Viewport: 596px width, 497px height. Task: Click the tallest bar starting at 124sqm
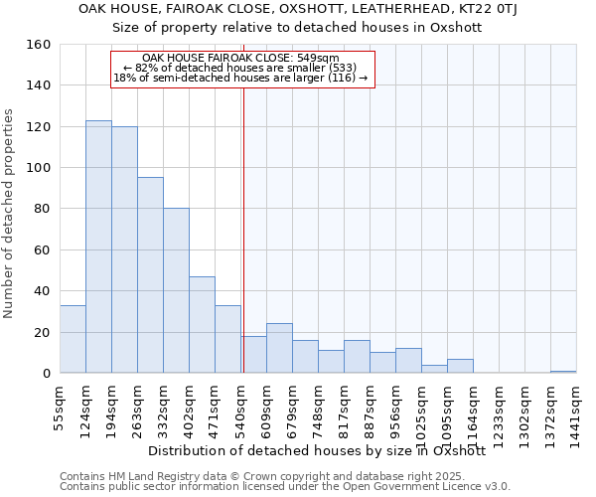98,247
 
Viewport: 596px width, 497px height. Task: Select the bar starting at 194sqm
124,249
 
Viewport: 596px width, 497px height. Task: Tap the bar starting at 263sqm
150,275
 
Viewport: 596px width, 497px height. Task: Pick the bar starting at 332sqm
176,290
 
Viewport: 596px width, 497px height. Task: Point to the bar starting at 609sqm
279,348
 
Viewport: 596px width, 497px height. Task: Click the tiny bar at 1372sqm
563,371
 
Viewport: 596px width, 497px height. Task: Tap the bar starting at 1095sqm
460,366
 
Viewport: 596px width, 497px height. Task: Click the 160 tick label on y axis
38,45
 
